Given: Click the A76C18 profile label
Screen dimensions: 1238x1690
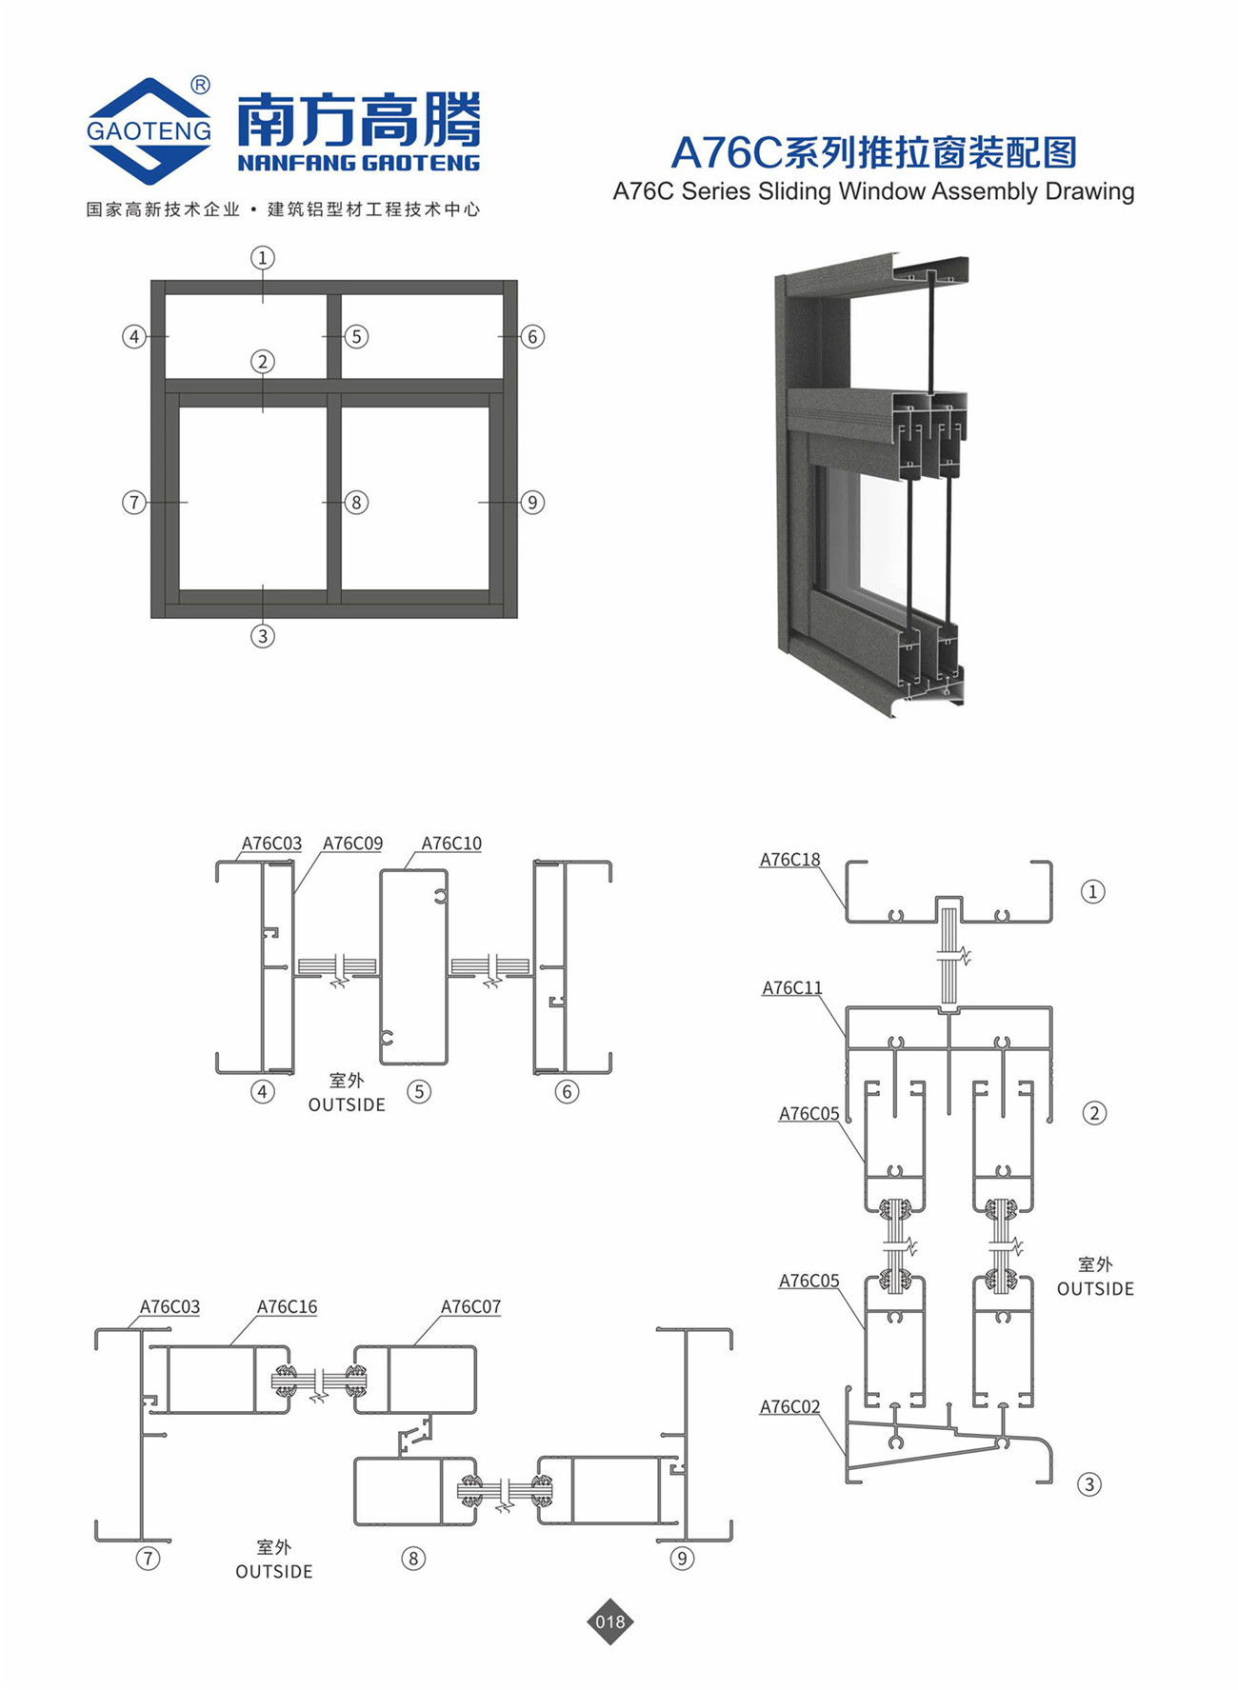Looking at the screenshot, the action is click(x=789, y=860).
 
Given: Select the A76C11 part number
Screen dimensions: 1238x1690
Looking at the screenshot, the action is click(x=791, y=988).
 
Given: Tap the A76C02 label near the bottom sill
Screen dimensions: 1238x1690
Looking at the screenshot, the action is click(x=789, y=1407).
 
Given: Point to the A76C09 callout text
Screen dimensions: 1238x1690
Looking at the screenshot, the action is click(x=352, y=844).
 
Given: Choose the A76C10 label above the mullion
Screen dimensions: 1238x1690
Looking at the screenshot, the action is click(x=451, y=844).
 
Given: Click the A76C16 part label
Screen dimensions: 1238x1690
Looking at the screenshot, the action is click(x=287, y=1307).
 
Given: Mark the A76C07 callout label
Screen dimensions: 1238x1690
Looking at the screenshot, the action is click(x=470, y=1307).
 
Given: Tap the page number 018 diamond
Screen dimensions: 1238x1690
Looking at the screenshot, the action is click(x=610, y=1621).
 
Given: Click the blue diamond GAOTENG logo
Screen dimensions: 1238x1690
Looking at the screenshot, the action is click(x=149, y=130).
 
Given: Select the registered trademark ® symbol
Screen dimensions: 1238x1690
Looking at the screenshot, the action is click(x=200, y=85).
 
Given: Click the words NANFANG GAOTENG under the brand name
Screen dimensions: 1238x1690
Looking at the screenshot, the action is click(x=359, y=163).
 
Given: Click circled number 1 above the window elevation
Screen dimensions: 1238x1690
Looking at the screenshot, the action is click(x=263, y=257).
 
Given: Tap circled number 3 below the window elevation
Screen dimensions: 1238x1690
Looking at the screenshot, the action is click(x=263, y=636).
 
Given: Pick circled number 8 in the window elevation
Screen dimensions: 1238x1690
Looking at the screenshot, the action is click(x=356, y=502).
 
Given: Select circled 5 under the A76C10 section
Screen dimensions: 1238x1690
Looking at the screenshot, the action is click(x=419, y=1091).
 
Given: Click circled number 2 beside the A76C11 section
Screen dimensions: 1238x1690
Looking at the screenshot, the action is click(x=1094, y=1113).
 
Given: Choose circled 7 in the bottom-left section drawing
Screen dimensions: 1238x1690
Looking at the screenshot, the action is click(x=148, y=1559).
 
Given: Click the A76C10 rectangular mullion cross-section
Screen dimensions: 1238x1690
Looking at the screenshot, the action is click(x=414, y=966).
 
